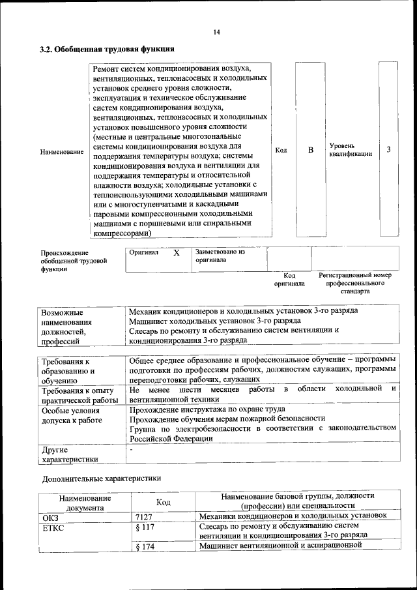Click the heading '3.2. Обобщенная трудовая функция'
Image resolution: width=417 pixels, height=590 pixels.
(106, 49)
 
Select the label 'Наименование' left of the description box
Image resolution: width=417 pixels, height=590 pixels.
(62, 151)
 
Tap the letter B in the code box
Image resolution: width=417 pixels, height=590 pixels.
(311, 150)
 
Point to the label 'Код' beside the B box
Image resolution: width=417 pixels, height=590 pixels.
(281, 151)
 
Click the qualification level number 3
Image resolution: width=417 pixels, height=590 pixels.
(388, 150)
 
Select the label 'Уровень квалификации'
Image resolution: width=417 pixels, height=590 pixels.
(351, 149)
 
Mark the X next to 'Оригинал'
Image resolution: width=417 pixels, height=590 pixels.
(176, 252)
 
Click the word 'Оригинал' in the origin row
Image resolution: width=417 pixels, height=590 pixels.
(144, 252)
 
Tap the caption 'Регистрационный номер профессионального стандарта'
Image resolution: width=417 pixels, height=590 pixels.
(355, 284)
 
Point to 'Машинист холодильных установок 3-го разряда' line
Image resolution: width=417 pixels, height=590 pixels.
(215, 321)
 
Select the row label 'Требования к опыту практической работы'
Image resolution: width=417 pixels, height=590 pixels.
(71, 395)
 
